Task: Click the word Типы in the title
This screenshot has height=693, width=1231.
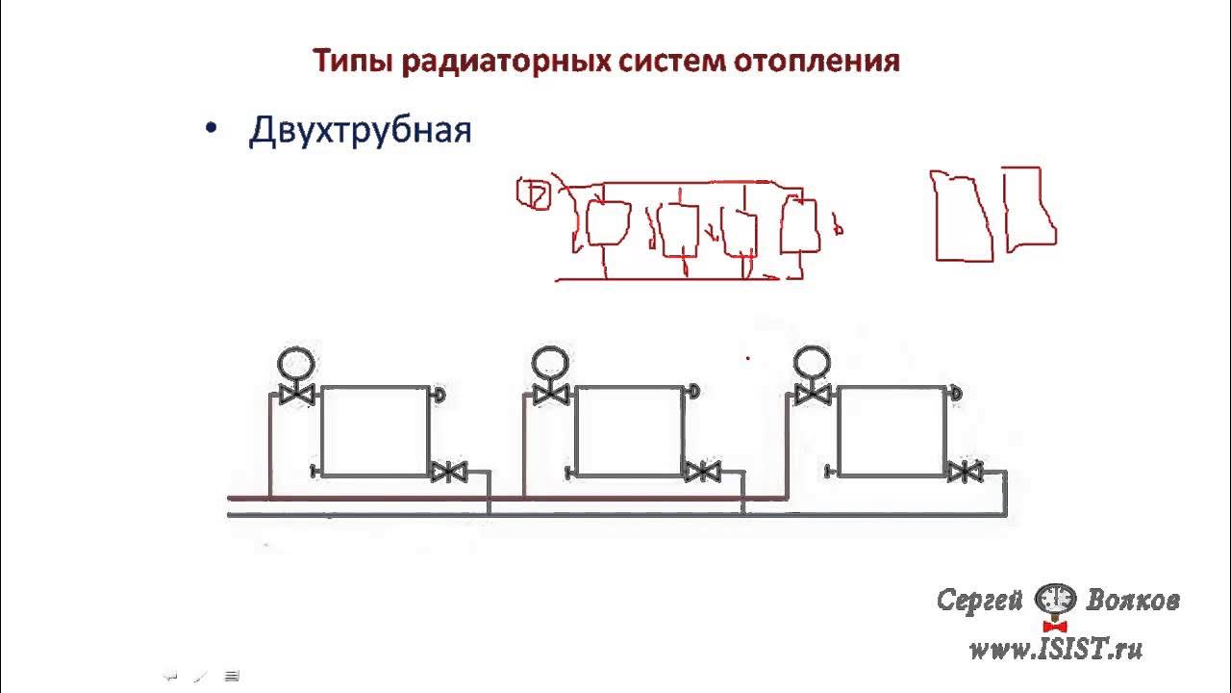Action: tap(353, 62)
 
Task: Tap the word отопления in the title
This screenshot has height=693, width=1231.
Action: tap(817, 61)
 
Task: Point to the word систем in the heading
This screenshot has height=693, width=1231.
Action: tap(672, 61)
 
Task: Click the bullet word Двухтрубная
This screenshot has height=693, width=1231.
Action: tap(361, 131)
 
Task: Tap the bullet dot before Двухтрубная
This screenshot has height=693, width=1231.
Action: tap(211, 129)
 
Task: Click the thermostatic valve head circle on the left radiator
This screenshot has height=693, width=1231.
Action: tap(296, 364)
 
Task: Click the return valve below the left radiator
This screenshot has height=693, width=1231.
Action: tap(449, 472)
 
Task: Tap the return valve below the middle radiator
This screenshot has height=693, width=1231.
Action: tap(702, 472)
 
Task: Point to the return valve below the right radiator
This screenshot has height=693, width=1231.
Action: tap(966, 472)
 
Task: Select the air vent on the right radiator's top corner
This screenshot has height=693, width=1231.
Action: tap(955, 393)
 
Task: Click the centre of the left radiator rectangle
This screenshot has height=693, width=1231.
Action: tap(375, 431)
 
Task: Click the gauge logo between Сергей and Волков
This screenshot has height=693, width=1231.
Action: tap(1055, 601)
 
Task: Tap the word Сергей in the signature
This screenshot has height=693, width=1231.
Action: tap(979, 601)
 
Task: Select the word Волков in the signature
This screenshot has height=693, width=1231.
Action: tap(1133, 600)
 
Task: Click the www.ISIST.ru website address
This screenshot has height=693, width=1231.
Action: tap(1056, 650)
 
